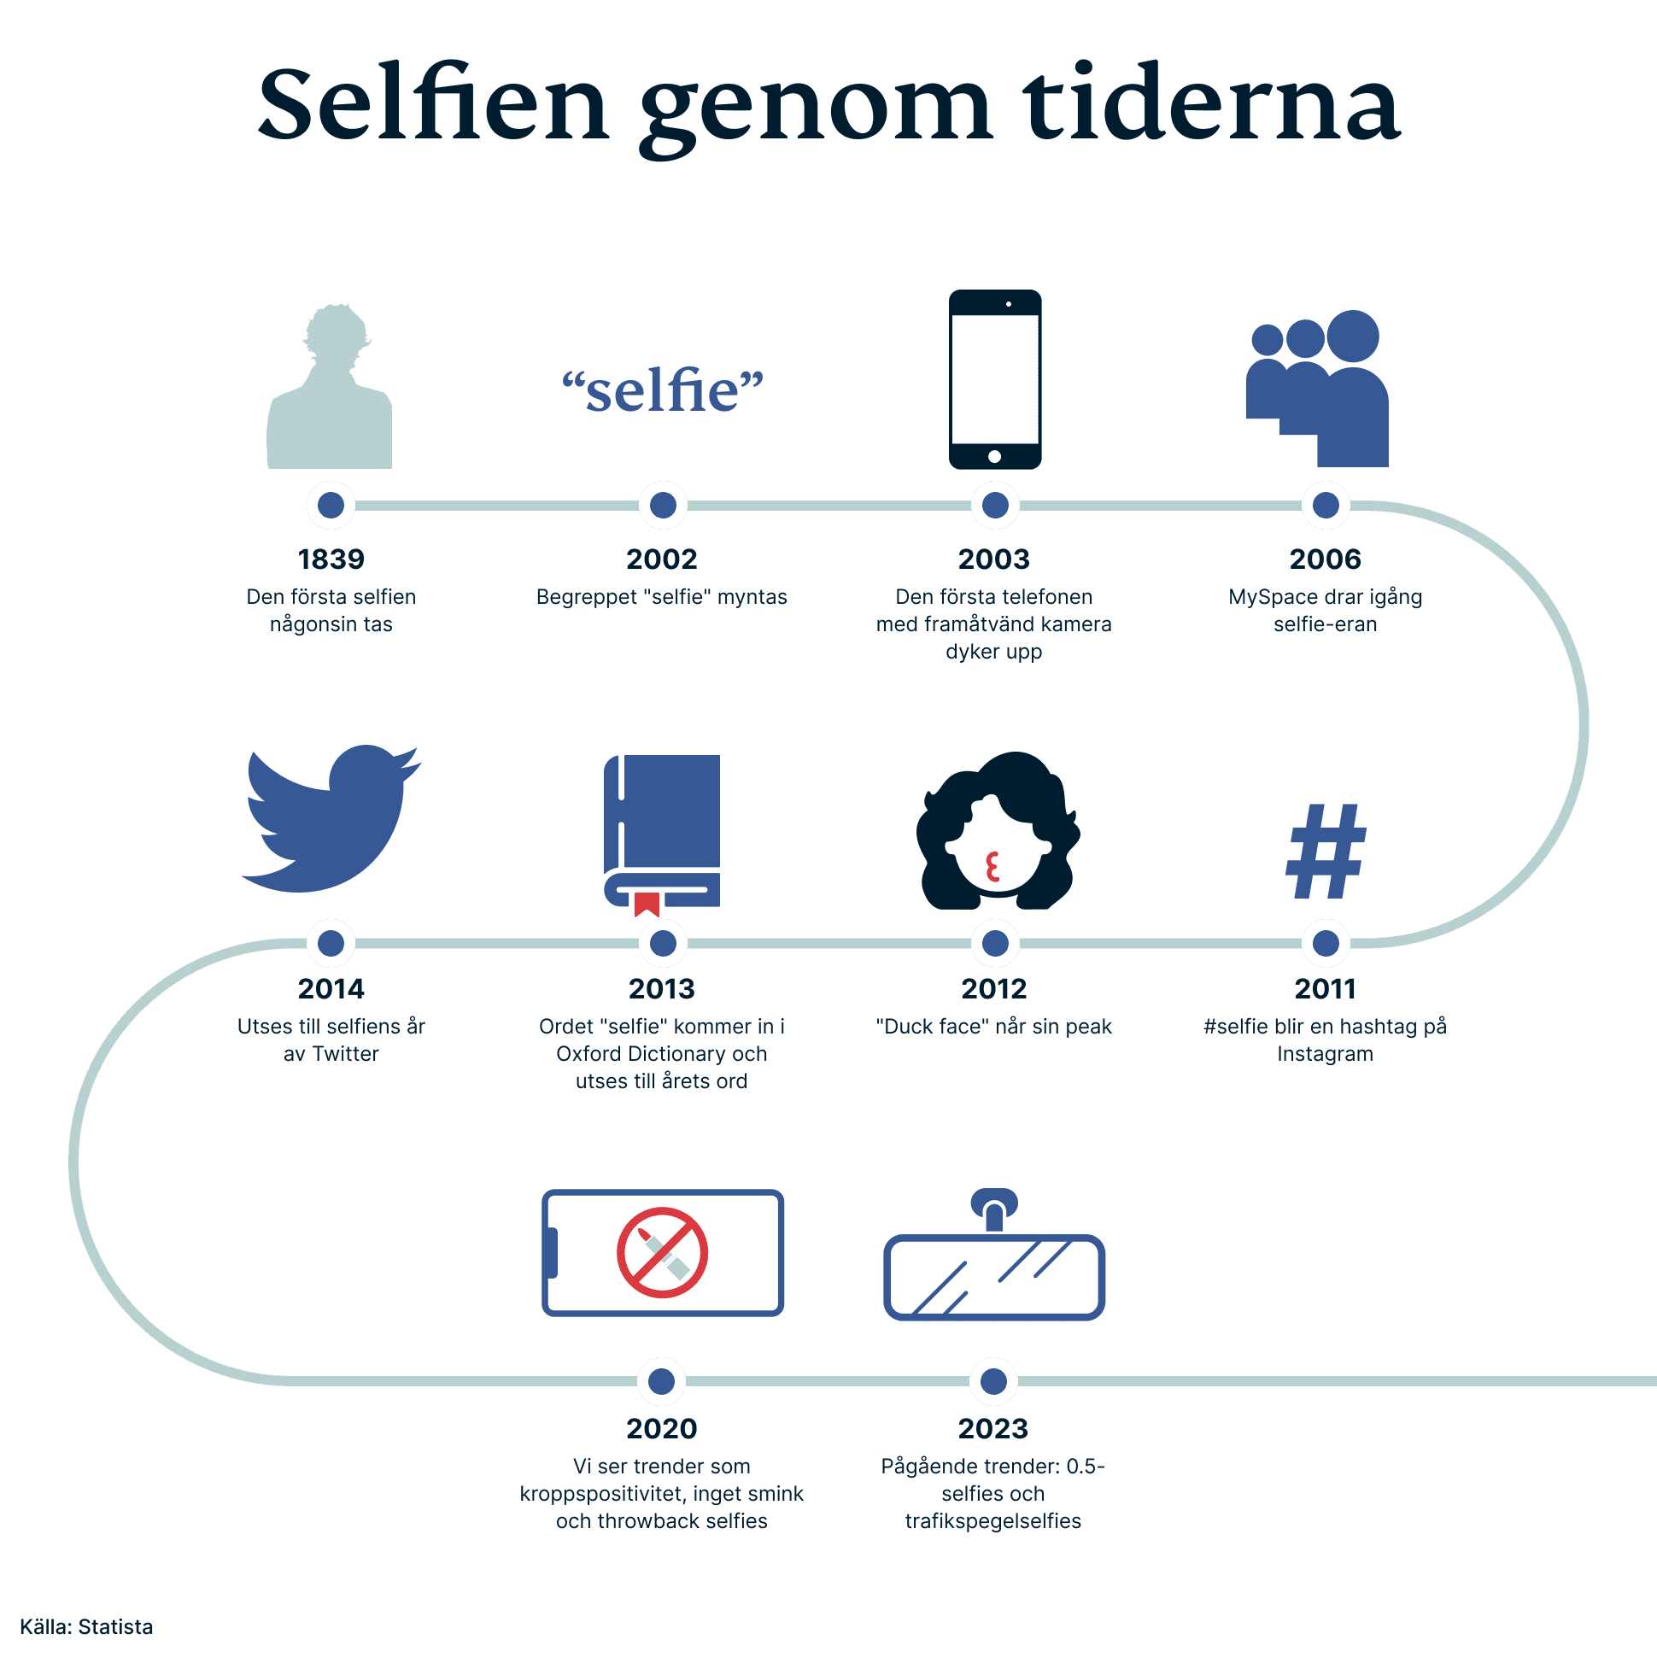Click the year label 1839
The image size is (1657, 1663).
(x=331, y=559)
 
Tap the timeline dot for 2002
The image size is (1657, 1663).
(x=663, y=506)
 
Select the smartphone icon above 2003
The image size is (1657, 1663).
(x=995, y=379)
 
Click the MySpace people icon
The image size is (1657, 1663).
(x=1318, y=389)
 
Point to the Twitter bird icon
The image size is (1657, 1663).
(x=331, y=818)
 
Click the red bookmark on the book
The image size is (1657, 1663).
(x=647, y=905)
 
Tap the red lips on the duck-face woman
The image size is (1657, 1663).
(x=992, y=867)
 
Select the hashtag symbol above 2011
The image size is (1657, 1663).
(x=1326, y=852)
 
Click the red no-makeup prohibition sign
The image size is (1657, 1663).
(x=662, y=1252)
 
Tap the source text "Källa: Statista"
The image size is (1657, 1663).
(x=86, y=1627)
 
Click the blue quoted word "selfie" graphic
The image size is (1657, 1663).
(x=663, y=391)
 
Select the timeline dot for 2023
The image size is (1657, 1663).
(x=993, y=1381)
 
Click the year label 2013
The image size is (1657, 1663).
(x=661, y=989)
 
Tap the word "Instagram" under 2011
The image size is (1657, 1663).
(x=1325, y=1054)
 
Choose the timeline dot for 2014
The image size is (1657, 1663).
(x=331, y=944)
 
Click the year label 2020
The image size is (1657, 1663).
(x=661, y=1429)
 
